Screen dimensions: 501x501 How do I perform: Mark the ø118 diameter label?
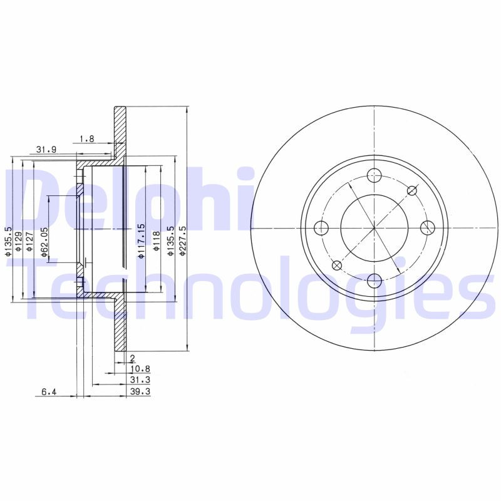coord(157,240)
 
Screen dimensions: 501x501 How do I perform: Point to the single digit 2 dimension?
coord(133,358)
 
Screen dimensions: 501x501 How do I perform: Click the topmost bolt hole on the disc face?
coord(374,175)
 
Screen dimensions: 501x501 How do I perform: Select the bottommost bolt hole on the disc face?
coord(374,280)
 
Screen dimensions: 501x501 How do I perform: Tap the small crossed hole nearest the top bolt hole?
coord(412,190)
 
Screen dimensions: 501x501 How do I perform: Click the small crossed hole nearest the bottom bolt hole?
coord(336,265)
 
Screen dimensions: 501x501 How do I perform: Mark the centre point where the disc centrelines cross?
coord(374,227)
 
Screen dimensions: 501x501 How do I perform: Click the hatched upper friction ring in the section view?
coord(120,132)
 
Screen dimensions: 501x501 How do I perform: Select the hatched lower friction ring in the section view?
coord(120,326)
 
